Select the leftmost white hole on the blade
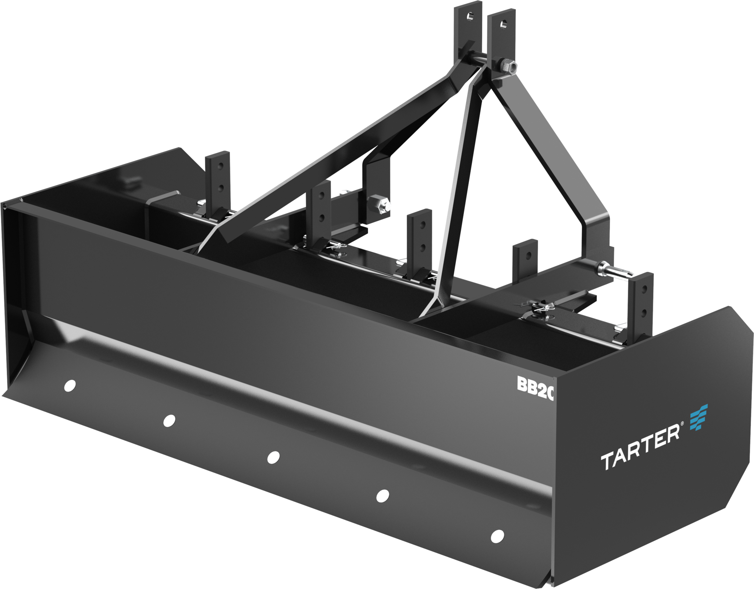pos(69,386)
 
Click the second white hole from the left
pos(169,420)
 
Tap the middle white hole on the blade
pos(273,457)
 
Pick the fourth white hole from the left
pos(383,496)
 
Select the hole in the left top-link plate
pos(470,16)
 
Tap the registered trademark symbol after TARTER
pos(683,435)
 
